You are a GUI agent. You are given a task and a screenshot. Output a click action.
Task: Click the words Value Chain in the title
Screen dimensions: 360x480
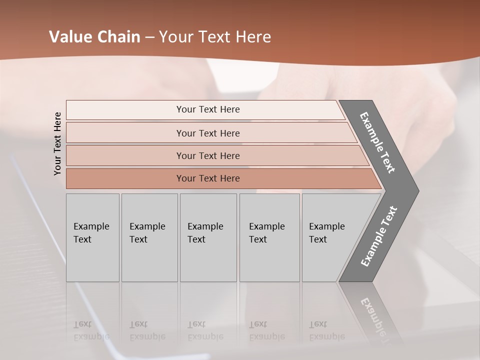[x=94, y=37]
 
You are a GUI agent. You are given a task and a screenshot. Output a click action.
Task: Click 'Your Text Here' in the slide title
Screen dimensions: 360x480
[x=215, y=37]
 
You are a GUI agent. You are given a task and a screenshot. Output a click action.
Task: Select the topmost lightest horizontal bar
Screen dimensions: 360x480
[x=207, y=109]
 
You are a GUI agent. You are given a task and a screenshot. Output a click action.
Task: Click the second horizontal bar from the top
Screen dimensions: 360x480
[x=207, y=133]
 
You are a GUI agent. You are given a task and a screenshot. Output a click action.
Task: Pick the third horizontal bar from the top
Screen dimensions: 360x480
[x=207, y=155]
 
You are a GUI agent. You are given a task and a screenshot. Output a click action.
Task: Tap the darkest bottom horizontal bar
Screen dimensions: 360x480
[x=207, y=178]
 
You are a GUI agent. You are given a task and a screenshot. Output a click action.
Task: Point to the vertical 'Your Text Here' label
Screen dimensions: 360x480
[x=57, y=143]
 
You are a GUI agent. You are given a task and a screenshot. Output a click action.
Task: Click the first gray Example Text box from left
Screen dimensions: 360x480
[x=92, y=237]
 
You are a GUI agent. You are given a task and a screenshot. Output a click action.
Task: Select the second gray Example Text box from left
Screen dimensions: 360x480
[x=149, y=237]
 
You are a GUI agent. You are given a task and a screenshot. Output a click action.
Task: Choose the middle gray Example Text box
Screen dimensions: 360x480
[x=208, y=237]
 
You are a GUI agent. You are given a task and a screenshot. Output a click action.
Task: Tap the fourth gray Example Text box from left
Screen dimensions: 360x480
[x=269, y=237]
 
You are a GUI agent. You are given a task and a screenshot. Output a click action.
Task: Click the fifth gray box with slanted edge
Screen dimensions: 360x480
[x=330, y=237]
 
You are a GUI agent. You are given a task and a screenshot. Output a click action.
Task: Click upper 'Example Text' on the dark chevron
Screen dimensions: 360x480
[x=377, y=142]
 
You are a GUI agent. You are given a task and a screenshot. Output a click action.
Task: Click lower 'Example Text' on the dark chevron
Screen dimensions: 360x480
[x=378, y=236]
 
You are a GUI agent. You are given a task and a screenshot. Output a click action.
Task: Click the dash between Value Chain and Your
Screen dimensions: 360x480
[x=149, y=37]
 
